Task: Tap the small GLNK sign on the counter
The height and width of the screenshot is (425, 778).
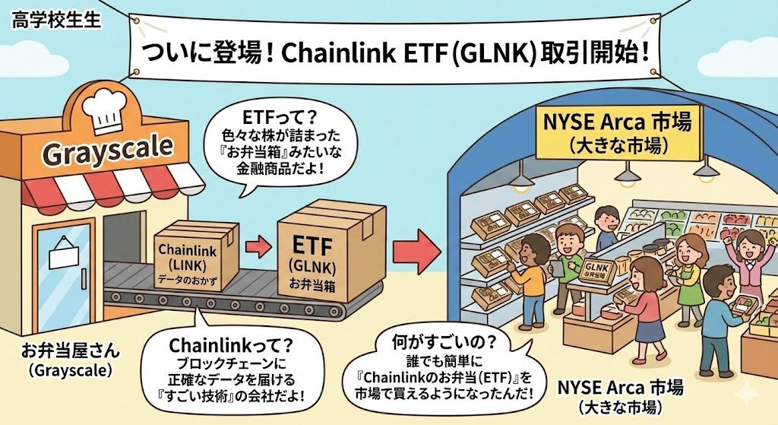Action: pyautogui.click(x=596, y=270)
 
